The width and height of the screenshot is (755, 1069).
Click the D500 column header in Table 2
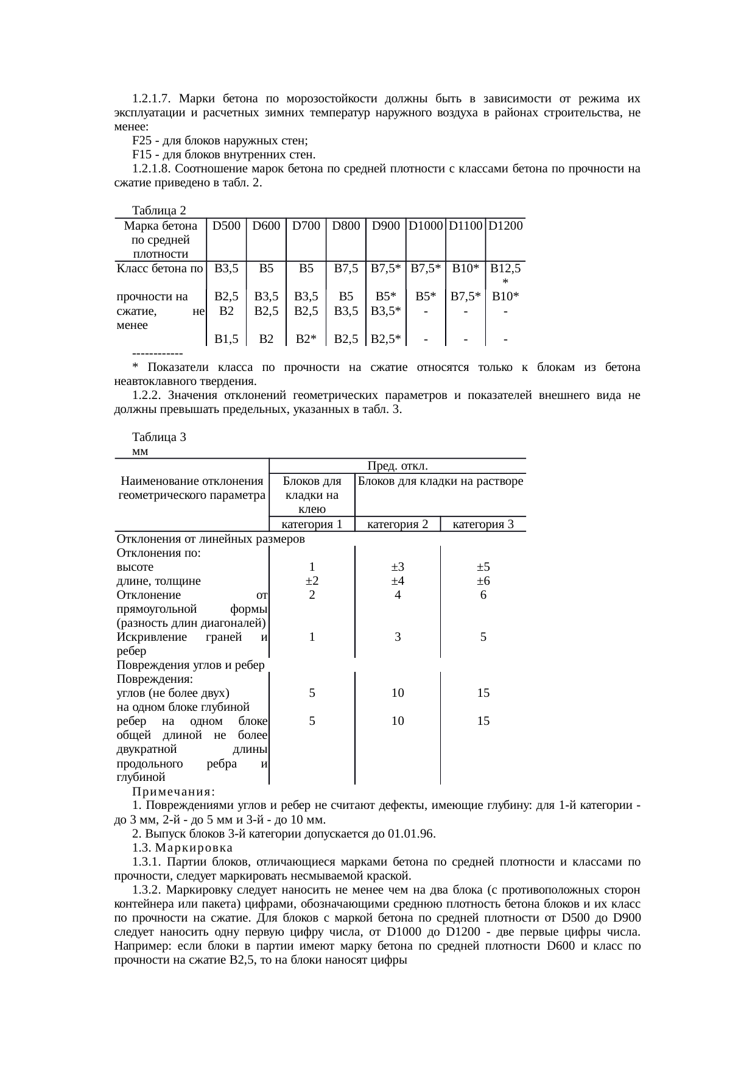click(226, 226)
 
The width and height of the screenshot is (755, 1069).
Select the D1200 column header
click(505, 226)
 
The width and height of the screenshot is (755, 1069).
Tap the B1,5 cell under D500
click(226, 339)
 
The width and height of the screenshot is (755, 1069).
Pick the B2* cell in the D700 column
click(306, 339)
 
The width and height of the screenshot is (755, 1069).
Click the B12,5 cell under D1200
click(505, 268)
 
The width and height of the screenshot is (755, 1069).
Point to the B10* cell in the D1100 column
click(465, 268)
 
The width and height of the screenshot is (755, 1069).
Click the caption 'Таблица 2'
click(159, 211)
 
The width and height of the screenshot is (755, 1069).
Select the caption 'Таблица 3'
click(159, 437)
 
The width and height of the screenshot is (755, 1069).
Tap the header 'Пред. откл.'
click(398, 466)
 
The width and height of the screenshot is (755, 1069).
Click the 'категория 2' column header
click(398, 524)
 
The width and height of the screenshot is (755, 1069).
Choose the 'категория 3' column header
click(483, 524)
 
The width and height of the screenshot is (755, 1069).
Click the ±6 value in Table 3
click(483, 581)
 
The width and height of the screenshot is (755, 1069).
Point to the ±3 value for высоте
click(398, 567)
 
